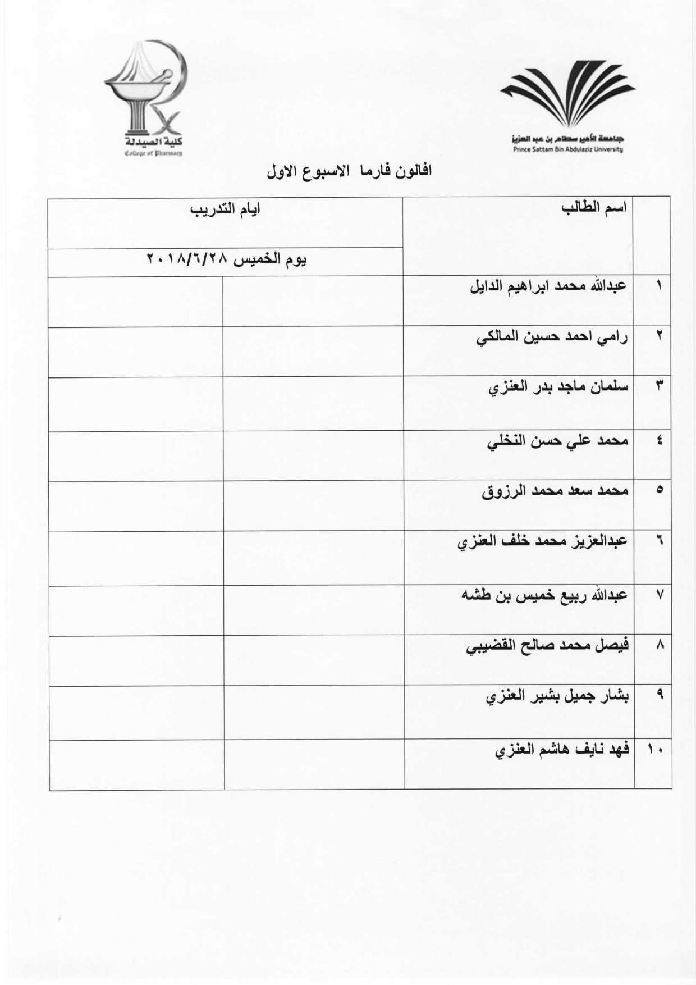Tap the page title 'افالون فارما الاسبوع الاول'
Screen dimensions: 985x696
pyautogui.click(x=349, y=171)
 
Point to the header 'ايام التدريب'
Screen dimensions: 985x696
pyautogui.click(x=225, y=211)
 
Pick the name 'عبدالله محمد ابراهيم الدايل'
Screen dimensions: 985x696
pyautogui.click(x=549, y=286)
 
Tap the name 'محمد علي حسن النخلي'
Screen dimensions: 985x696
pyautogui.click(x=557, y=441)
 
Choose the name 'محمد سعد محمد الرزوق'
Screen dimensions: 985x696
pyautogui.click(x=556, y=491)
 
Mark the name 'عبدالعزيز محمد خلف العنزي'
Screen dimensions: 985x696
pyautogui.click(x=544, y=541)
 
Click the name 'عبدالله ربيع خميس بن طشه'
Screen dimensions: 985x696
pyautogui.click(x=544, y=595)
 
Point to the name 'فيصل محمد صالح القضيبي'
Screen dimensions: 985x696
pyautogui.click(x=548, y=646)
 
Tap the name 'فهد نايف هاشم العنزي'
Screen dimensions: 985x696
pyautogui.click(x=562, y=750)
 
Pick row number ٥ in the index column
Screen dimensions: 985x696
pyautogui.click(x=660, y=490)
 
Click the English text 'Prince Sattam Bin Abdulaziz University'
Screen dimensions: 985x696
pyautogui.click(x=567, y=149)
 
